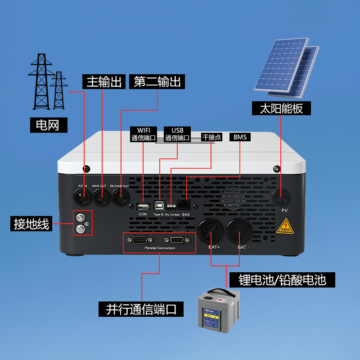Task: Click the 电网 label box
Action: [x=48, y=125]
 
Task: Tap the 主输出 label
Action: [x=103, y=82]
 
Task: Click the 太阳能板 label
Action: [x=281, y=108]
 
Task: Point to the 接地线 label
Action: [x=31, y=223]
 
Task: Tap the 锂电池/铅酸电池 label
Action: [x=282, y=280]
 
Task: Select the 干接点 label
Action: [x=211, y=137]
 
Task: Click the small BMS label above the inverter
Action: [x=240, y=137]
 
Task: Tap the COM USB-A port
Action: [x=142, y=206]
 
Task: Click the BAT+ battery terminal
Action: [x=211, y=231]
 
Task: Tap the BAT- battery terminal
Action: [x=240, y=231]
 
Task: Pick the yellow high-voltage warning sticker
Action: [x=284, y=226]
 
